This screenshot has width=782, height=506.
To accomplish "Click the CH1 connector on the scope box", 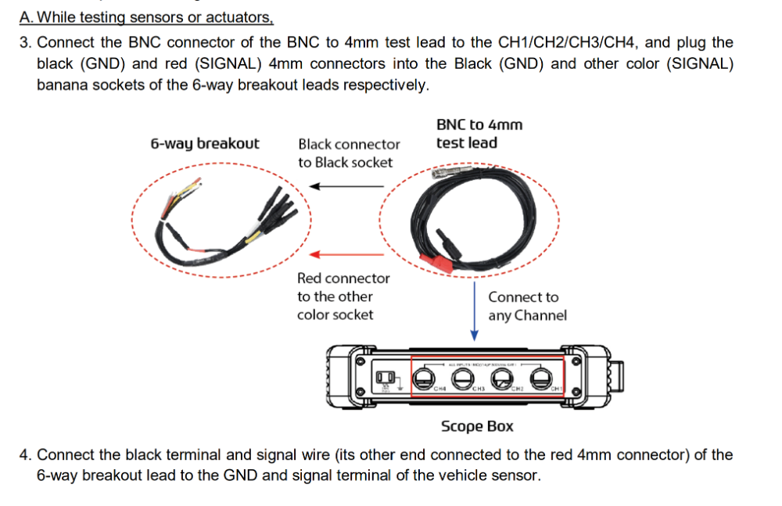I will tap(537, 379).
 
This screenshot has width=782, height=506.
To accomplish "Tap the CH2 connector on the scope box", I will tap(500, 379).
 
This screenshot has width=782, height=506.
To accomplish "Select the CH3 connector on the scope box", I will tap(462, 379).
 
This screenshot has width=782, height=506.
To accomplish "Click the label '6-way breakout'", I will tap(205, 144).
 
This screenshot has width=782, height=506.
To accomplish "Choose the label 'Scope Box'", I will tap(477, 426).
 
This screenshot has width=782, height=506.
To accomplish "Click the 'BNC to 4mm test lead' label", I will tap(479, 134).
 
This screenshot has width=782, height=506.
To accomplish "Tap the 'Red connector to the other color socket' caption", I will tap(343, 296).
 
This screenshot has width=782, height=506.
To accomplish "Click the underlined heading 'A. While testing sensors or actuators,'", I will tap(146, 17).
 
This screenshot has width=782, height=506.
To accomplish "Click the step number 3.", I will tap(25, 43).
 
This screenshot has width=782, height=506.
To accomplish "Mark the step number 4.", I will tap(25, 454).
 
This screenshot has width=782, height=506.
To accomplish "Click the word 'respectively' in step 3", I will tap(386, 85).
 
